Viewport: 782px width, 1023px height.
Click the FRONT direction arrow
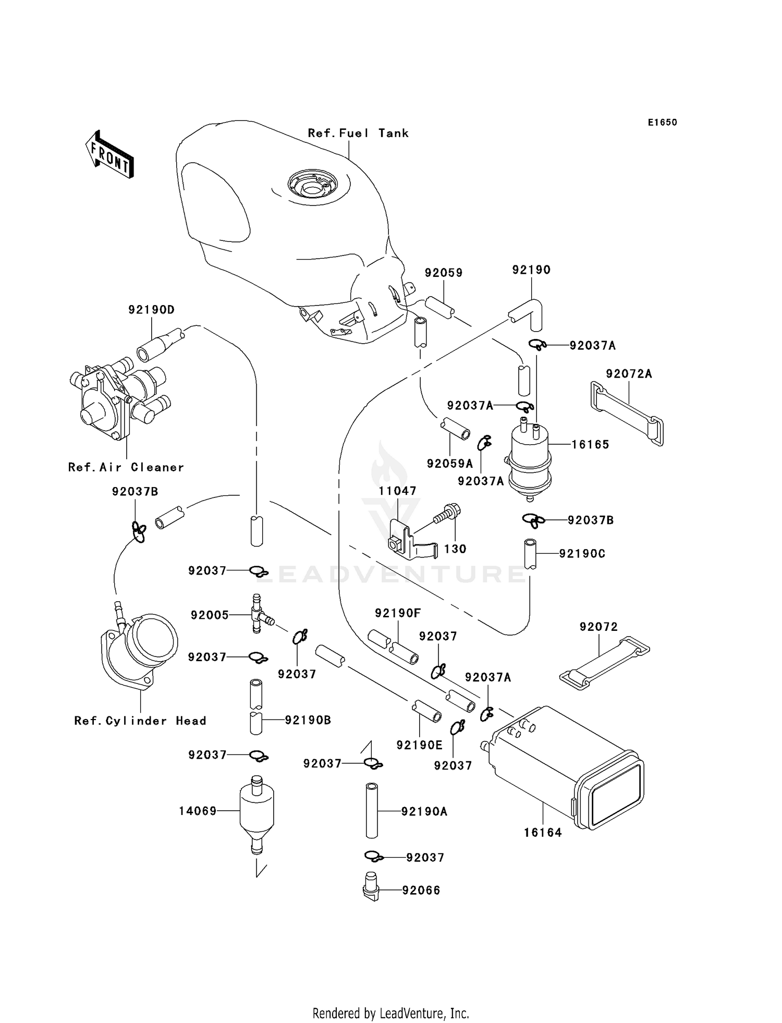pos(109,155)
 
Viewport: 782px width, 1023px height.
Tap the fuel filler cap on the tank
pos(312,185)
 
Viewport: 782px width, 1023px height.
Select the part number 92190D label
pos(151,310)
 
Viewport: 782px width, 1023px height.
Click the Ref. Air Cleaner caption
pos(126,467)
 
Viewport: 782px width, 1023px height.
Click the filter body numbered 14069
pos(256,810)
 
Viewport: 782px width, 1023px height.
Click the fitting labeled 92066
pos(371,890)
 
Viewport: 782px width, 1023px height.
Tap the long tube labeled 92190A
pos(372,811)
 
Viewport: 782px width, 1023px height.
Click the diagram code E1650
pos(662,123)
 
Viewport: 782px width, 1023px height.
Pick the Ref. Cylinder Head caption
pos(140,721)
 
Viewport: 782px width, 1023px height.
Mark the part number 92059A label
pos(449,464)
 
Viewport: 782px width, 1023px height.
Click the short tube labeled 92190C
pos(530,554)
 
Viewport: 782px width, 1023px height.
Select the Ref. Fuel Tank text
pos(358,133)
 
